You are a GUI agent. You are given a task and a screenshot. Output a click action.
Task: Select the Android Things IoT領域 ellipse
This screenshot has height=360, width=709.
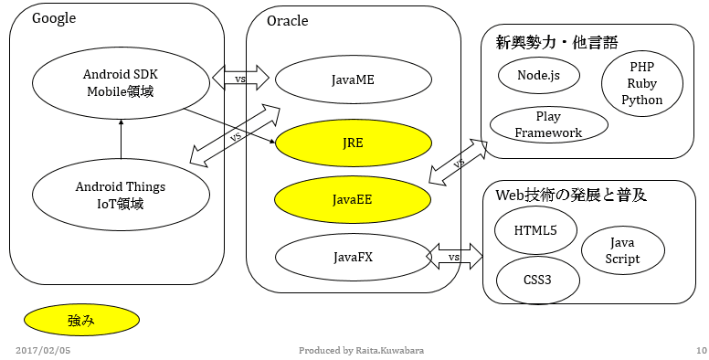[x=120, y=195]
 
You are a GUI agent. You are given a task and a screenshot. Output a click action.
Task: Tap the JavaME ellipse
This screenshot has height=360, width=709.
[x=352, y=80]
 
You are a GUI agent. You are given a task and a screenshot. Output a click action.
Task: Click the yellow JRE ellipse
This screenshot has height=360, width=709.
[x=352, y=144]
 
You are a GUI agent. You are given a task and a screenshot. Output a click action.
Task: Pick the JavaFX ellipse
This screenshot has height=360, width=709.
[x=352, y=257]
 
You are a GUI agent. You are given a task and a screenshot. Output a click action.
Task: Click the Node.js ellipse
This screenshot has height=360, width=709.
[x=538, y=75]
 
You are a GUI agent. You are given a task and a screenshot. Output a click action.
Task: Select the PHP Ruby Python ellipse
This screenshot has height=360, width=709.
[x=641, y=84]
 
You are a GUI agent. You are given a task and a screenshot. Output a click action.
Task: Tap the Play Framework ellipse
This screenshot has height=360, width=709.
[x=548, y=125]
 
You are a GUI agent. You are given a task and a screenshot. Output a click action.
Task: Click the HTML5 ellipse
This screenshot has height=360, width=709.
[x=538, y=230]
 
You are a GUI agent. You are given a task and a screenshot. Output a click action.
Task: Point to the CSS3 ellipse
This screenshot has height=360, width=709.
[x=538, y=279]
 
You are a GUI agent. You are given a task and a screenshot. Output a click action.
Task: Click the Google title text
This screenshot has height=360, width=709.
[x=54, y=19]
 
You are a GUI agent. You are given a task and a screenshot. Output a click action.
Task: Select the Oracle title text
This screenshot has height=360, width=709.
[x=288, y=21]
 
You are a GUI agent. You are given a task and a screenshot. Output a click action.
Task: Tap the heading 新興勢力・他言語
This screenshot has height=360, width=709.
[x=556, y=42]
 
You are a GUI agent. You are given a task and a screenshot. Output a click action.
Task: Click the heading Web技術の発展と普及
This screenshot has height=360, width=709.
[x=570, y=195]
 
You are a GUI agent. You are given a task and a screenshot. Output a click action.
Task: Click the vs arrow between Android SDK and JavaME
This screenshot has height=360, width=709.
[x=241, y=79]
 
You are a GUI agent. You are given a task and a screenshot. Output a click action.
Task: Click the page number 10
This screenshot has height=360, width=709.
[x=701, y=350]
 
